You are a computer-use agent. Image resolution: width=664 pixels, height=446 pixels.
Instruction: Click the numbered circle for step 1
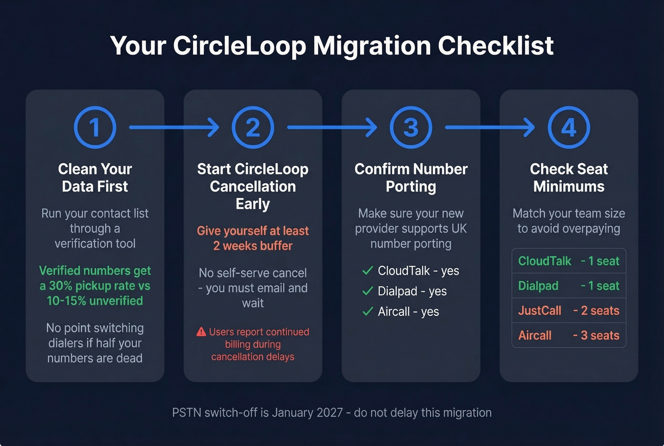pos(95,127)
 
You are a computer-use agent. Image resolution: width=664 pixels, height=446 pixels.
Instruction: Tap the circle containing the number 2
pos(253,127)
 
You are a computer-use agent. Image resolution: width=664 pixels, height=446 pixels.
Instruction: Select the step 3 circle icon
pos(411,127)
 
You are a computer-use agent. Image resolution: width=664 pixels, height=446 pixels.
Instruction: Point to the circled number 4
pos(569,127)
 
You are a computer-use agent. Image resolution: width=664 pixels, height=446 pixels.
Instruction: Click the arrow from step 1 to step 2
pos(174,127)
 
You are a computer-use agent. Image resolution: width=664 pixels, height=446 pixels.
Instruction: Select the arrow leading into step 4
pos(490,127)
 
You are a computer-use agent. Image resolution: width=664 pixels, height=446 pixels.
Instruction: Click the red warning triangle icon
pos(201,332)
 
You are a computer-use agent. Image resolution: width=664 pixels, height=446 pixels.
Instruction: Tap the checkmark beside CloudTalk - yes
pos(368,271)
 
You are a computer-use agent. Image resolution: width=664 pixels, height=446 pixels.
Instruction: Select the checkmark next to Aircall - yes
pos(368,312)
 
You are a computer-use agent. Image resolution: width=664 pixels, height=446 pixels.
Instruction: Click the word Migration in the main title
pos(372,46)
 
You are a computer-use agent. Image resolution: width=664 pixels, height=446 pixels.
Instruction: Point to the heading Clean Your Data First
pos(95,178)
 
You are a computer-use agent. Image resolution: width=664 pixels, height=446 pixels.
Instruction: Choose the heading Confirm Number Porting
pos(411,178)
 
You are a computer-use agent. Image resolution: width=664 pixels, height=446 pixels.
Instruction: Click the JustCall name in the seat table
pos(539,311)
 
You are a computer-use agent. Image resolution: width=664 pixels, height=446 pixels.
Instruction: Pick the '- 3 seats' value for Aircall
pos(596,335)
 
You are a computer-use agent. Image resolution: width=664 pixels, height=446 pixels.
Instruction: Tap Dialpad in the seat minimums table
pos(538,286)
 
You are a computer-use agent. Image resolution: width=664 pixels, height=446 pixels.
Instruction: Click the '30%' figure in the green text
pos(61,286)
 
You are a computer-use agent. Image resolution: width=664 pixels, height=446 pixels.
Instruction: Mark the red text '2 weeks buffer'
pos(253,246)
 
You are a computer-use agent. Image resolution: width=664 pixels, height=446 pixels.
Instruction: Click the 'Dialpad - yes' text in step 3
pos(412,291)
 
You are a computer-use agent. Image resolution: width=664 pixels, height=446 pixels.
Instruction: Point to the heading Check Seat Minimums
pos(569,178)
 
